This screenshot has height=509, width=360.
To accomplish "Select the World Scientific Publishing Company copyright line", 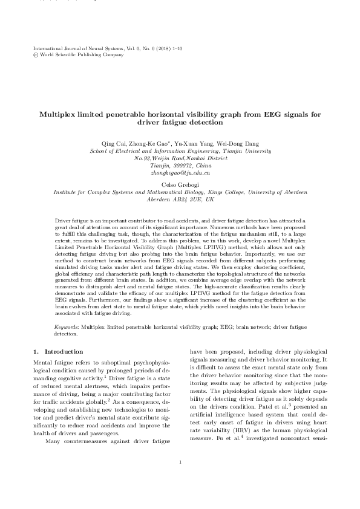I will point(76,54).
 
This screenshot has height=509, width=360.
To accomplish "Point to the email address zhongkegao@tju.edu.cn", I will point(180,172).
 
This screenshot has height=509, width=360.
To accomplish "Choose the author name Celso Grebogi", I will point(180,184).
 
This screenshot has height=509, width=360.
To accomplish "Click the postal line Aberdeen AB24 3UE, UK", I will point(180,199).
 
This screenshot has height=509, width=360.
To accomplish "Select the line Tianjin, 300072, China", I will point(180,165).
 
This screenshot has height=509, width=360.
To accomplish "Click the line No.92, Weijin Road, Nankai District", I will point(180,157).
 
